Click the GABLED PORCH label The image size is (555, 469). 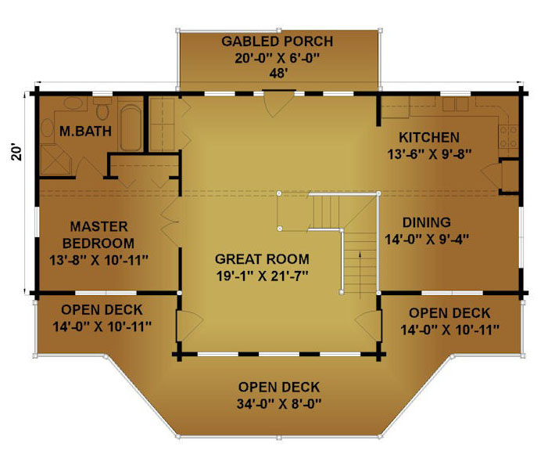click(x=277, y=41)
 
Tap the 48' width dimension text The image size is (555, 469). click(x=278, y=74)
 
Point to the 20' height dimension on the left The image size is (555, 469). click(x=16, y=152)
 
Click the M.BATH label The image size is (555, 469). click(x=85, y=132)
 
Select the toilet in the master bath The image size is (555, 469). click(x=102, y=108)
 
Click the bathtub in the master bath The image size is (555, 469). click(x=131, y=127)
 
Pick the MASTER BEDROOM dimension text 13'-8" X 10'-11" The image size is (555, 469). click(x=98, y=260)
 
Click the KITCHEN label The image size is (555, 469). click(x=429, y=137)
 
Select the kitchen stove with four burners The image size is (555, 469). click(x=509, y=136)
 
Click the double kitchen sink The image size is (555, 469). click(x=456, y=104)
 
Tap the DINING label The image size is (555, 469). click(x=427, y=222)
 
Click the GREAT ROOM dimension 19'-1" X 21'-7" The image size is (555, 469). click(x=263, y=276)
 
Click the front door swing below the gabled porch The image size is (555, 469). click(x=279, y=103)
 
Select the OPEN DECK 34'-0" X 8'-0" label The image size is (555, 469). click(x=279, y=395)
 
